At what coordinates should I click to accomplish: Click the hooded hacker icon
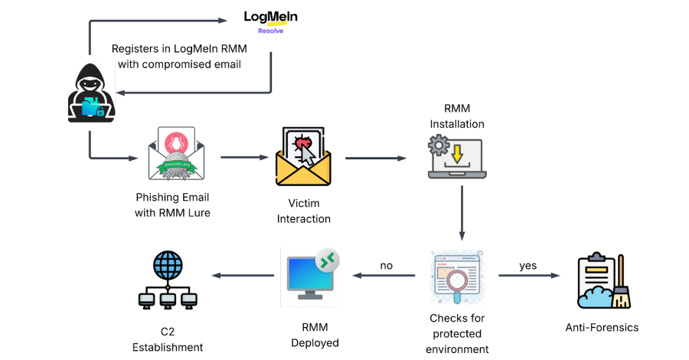[x=91, y=96]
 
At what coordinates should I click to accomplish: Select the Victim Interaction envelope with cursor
[x=303, y=159]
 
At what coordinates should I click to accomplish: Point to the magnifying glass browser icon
[x=459, y=275]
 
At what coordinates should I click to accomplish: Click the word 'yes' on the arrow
[x=528, y=266]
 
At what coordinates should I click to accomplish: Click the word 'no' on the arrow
[x=387, y=266]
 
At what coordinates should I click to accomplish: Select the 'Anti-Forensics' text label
[x=601, y=327]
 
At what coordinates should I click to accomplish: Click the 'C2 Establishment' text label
[x=168, y=339]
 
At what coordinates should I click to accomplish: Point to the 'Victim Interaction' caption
[x=303, y=211]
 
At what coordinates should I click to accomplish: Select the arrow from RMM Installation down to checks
[x=462, y=213]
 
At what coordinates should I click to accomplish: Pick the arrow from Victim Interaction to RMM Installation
[x=375, y=159]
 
